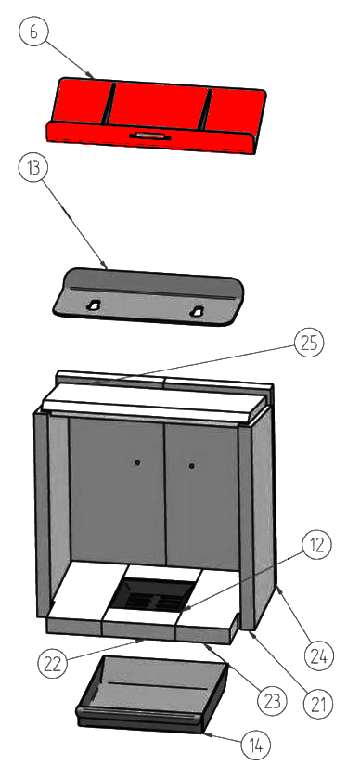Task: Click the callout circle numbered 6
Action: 33,31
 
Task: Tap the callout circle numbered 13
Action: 33,168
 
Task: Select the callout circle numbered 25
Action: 309,344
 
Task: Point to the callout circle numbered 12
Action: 317,545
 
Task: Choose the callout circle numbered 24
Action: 319,657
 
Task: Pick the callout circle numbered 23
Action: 272,702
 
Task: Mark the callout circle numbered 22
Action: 53,665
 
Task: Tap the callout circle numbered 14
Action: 256,746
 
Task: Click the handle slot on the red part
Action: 150,136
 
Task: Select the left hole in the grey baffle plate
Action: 93,305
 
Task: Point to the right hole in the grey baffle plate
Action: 198,311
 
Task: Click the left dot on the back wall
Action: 137,462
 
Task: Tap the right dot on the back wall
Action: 191,466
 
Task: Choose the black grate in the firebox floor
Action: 152,594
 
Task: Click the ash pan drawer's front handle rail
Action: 140,715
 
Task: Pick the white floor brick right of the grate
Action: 208,599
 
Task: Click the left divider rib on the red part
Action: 109,103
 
